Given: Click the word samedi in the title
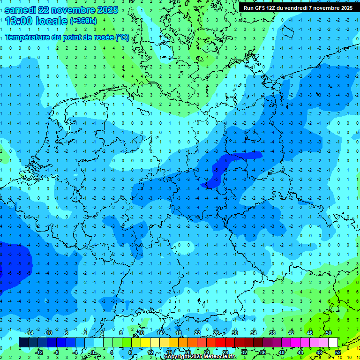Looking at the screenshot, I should (22, 10).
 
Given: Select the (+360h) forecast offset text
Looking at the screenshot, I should (83, 21).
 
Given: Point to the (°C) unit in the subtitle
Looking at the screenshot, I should (122, 37).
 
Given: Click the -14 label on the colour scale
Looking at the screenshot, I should (30, 333).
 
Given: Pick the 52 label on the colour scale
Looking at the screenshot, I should (338, 352).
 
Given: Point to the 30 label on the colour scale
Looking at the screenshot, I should (234, 333).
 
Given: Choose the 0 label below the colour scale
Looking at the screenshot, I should (92, 352).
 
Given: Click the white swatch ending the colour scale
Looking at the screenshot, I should (333, 342).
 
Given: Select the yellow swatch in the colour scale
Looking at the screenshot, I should (155, 342).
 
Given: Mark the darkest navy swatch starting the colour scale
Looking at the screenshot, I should (23, 342).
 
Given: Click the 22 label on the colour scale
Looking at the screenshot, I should (197, 333).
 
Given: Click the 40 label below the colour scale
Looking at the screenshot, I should (281, 352).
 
